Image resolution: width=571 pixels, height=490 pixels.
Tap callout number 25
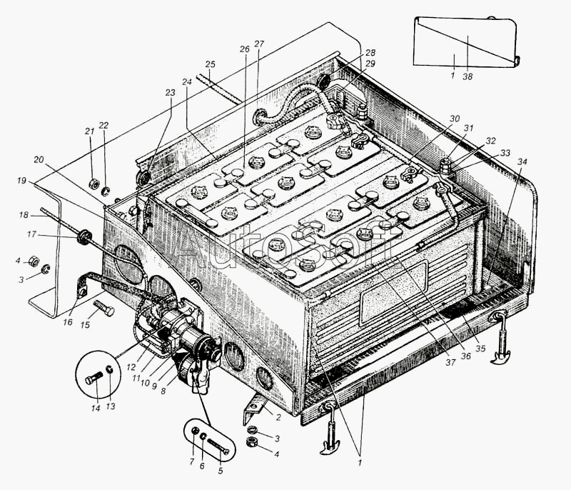click(210, 64)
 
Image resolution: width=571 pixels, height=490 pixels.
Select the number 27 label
click(258, 44)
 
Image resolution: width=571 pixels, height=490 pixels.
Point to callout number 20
click(39, 159)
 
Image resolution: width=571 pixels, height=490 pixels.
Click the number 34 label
click(522, 162)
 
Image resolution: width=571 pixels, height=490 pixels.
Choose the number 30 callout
click(455, 119)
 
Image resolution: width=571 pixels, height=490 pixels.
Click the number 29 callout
click(370, 64)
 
